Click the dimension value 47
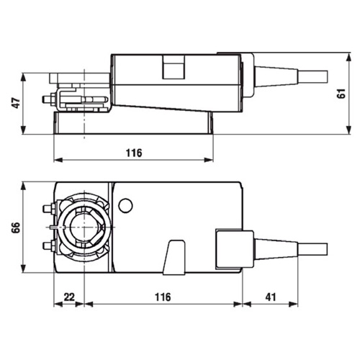pyautogui.click(x=17, y=103)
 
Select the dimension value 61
pyautogui.click(x=341, y=93)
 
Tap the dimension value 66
pyautogui.click(x=17, y=228)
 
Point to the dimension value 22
pyautogui.click(x=69, y=297)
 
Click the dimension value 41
pyautogui.click(x=271, y=297)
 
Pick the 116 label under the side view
pyautogui.click(x=134, y=153)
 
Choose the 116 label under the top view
pyautogui.click(x=163, y=297)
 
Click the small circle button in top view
pyautogui.click(x=125, y=206)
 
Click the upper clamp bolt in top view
pyautogui.click(x=49, y=209)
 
